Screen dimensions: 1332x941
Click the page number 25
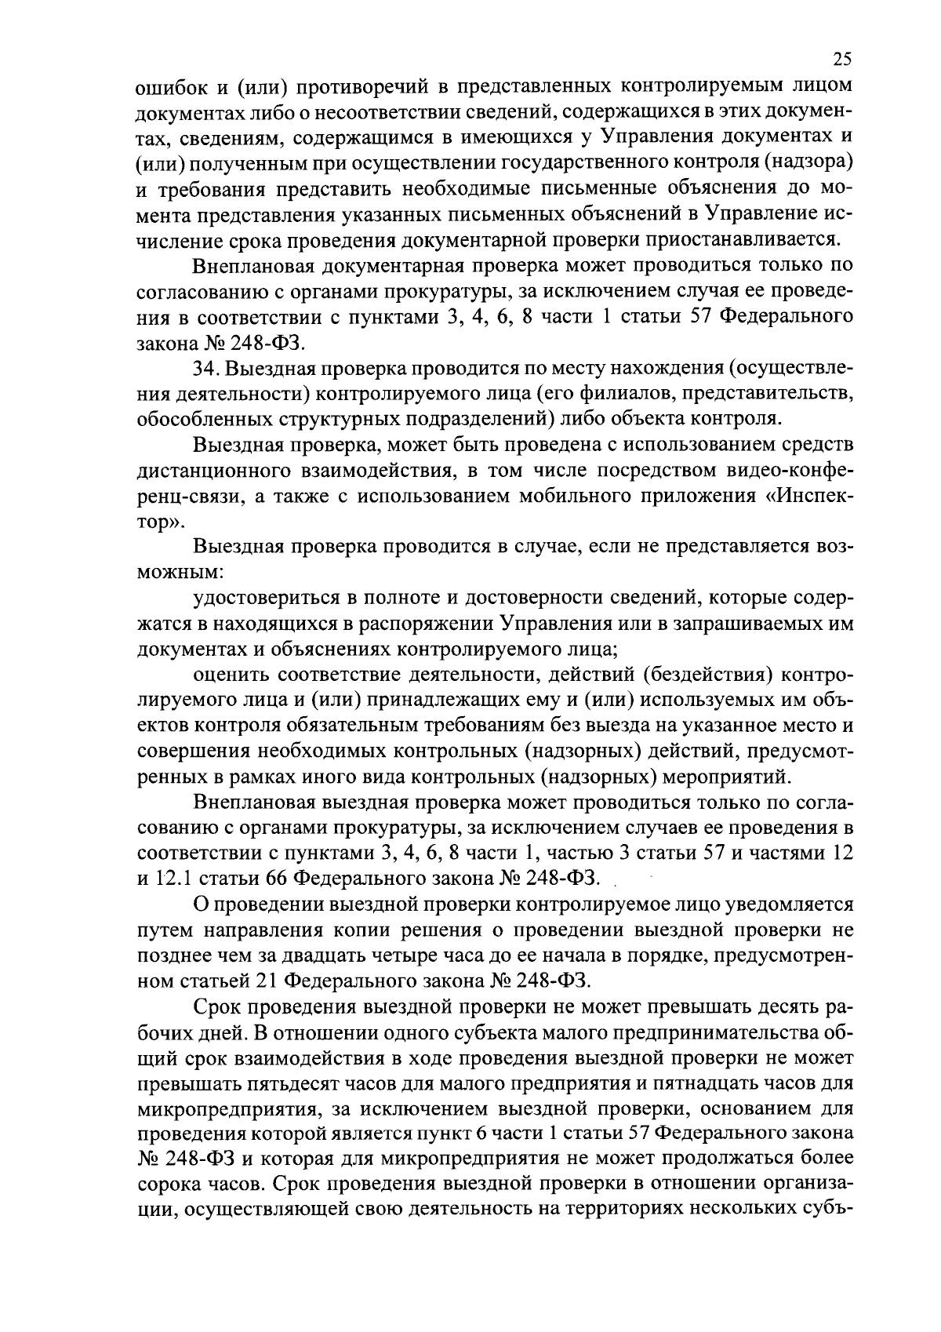click(x=842, y=60)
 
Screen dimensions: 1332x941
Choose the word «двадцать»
click(x=353, y=955)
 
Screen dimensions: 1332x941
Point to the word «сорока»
click(x=170, y=1185)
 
